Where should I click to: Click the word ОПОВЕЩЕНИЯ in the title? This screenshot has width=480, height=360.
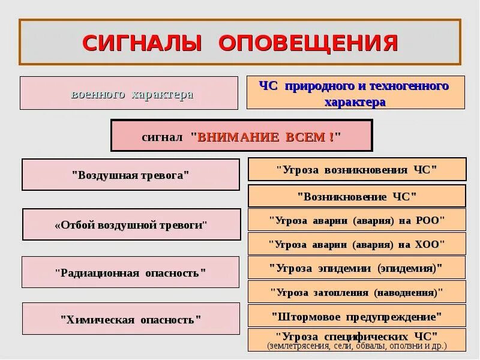(x=308, y=43)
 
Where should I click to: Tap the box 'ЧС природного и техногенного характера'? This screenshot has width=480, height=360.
(x=355, y=92)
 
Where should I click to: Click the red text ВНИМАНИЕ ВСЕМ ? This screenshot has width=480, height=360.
(x=269, y=136)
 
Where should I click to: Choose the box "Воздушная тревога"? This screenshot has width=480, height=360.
(x=130, y=175)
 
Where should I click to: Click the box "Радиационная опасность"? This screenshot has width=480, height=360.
(x=130, y=272)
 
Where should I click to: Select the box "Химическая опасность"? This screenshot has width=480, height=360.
(x=130, y=319)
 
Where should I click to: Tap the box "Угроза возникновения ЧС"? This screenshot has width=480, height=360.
(x=357, y=169)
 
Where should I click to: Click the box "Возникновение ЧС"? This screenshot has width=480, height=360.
(x=357, y=196)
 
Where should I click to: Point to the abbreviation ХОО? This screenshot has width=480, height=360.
(x=430, y=244)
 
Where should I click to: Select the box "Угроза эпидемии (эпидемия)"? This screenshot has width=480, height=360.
(x=356, y=268)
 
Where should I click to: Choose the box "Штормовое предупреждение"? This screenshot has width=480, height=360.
(x=356, y=316)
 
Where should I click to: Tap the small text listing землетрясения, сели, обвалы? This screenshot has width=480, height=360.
(x=356, y=346)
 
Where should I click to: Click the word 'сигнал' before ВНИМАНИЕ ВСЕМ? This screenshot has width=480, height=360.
(x=162, y=137)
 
